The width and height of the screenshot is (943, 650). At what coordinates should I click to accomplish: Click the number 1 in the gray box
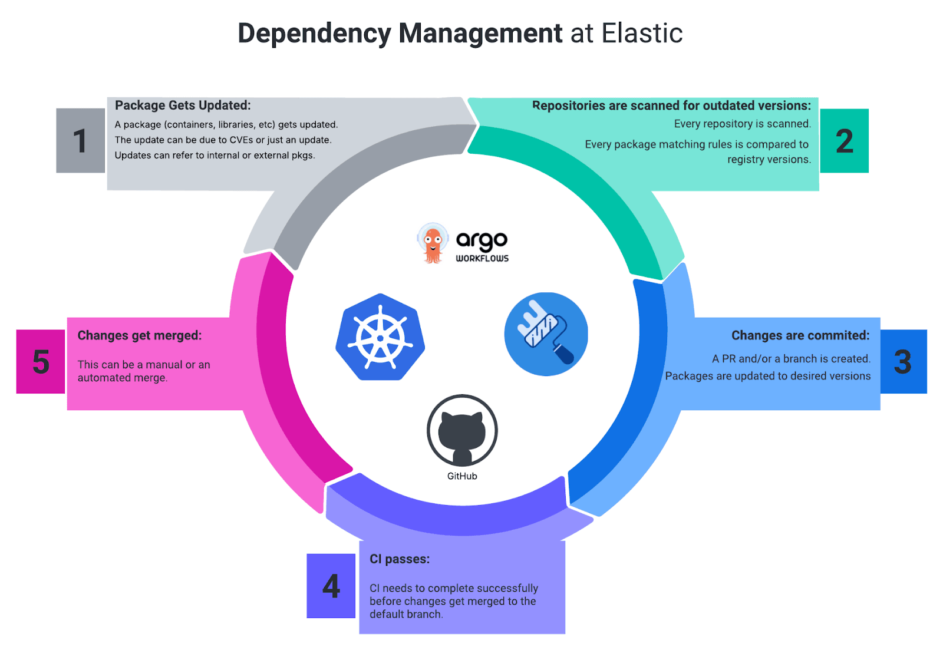[80, 141]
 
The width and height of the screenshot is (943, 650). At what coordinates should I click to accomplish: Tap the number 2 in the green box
[844, 141]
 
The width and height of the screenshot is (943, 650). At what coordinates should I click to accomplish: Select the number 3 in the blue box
[902, 362]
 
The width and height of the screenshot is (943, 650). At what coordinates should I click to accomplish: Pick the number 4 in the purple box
[331, 586]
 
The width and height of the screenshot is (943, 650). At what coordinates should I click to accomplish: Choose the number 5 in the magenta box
[41, 362]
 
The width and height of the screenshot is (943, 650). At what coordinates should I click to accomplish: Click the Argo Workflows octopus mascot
[433, 243]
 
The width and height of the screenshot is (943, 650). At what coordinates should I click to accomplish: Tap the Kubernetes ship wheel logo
[380, 338]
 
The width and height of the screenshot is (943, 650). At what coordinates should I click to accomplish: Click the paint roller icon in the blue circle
[546, 334]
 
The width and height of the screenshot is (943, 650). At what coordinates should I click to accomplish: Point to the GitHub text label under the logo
[462, 476]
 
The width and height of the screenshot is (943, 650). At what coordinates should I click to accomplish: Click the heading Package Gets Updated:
[183, 105]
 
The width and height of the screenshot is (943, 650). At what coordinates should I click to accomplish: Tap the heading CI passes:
[400, 559]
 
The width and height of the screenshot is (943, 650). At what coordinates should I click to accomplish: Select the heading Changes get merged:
[140, 335]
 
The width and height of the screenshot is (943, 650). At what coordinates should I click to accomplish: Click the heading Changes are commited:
[800, 335]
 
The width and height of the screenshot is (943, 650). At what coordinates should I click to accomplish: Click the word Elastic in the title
[642, 34]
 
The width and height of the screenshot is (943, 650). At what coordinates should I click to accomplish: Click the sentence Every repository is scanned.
[742, 124]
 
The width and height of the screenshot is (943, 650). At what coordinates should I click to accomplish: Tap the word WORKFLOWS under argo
[482, 258]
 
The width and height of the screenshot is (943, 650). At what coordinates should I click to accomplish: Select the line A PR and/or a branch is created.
[791, 359]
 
